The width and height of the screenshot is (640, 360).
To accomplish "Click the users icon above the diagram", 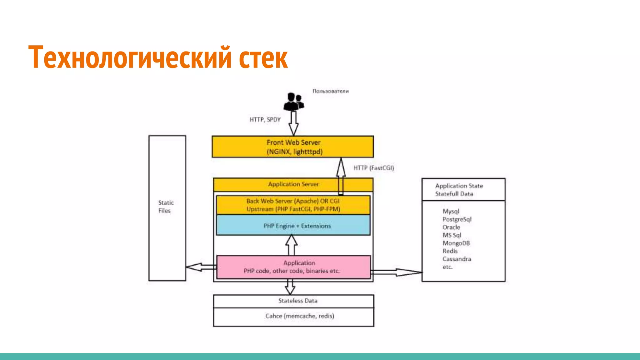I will click(293, 102).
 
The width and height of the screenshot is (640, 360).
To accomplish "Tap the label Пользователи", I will click(330, 91).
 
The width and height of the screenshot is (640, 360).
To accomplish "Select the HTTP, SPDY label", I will click(265, 120).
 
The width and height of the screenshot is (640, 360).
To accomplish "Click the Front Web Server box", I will click(293, 147).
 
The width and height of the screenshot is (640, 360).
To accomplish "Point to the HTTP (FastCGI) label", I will click(374, 168).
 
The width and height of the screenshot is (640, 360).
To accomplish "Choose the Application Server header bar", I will click(293, 184).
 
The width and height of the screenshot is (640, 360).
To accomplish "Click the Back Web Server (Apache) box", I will click(293, 205).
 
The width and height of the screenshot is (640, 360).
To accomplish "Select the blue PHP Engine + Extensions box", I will click(293, 225).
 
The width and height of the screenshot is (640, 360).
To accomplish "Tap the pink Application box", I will click(293, 267).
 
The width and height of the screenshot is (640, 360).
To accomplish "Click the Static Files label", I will click(166, 207).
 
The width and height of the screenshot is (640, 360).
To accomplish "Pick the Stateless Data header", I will click(297, 301).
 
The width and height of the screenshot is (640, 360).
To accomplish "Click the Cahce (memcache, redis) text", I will click(300, 316).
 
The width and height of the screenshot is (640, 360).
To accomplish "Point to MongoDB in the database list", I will click(456, 243).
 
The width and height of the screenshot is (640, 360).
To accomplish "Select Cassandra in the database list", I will click(457, 259).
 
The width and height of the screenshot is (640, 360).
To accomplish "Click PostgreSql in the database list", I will click(457, 219).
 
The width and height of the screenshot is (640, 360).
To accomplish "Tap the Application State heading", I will click(459, 186).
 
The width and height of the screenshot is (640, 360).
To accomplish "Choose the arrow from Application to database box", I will click(396, 272).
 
